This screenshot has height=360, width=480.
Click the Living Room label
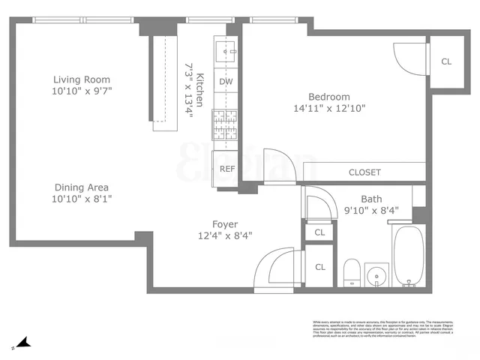82,79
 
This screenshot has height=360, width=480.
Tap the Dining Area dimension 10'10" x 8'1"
82,199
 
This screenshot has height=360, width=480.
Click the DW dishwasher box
225,81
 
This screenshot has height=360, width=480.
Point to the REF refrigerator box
226,168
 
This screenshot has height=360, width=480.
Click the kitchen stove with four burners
225,124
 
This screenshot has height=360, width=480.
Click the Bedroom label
329,97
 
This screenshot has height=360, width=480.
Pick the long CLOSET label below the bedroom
364,172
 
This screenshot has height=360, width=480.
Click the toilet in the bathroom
351,272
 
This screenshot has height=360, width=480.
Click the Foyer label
224,223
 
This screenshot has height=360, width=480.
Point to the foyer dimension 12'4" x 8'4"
224,235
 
